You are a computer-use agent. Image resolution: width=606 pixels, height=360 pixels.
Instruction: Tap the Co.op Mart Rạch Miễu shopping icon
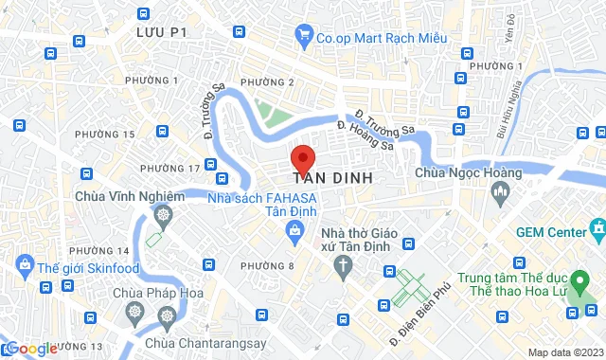pos(304,39)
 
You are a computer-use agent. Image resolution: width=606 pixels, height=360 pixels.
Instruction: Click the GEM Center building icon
pos(597,229)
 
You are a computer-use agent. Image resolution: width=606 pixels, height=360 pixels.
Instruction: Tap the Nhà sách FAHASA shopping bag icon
pos(296,229)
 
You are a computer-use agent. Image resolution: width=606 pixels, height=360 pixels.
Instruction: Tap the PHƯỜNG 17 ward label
pos(169,168)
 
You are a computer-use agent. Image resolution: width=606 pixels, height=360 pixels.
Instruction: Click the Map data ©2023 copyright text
pos(564,352)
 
